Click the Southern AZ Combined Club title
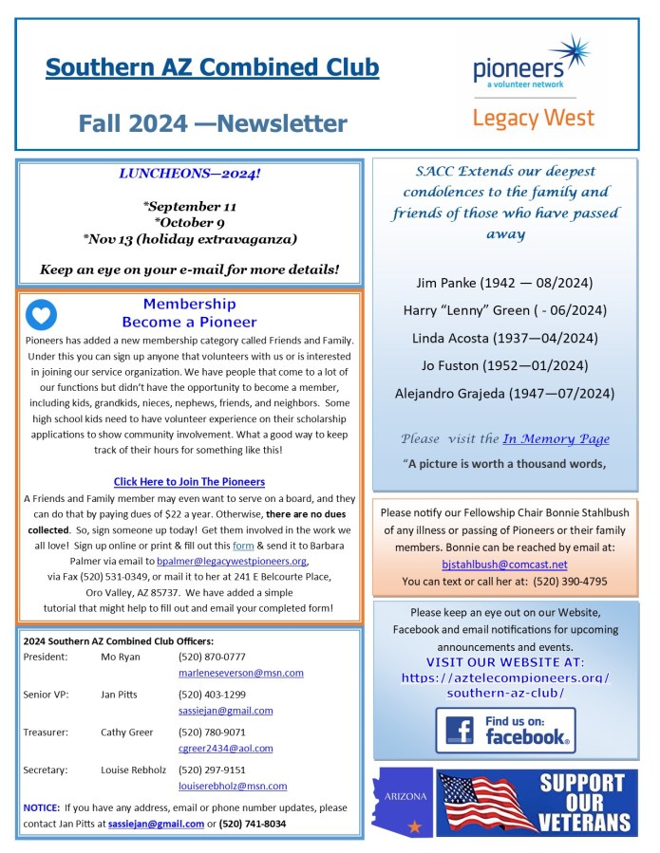point(212,68)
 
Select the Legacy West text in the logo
point(533,118)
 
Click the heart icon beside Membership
point(42,314)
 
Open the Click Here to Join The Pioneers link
point(189,482)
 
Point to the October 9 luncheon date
point(189,222)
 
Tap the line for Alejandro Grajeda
point(504,393)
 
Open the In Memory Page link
point(556,438)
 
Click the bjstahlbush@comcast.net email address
point(504,564)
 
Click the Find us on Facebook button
point(505,730)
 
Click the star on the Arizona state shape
point(413,826)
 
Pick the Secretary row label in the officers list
point(44,770)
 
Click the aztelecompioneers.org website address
point(504,685)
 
